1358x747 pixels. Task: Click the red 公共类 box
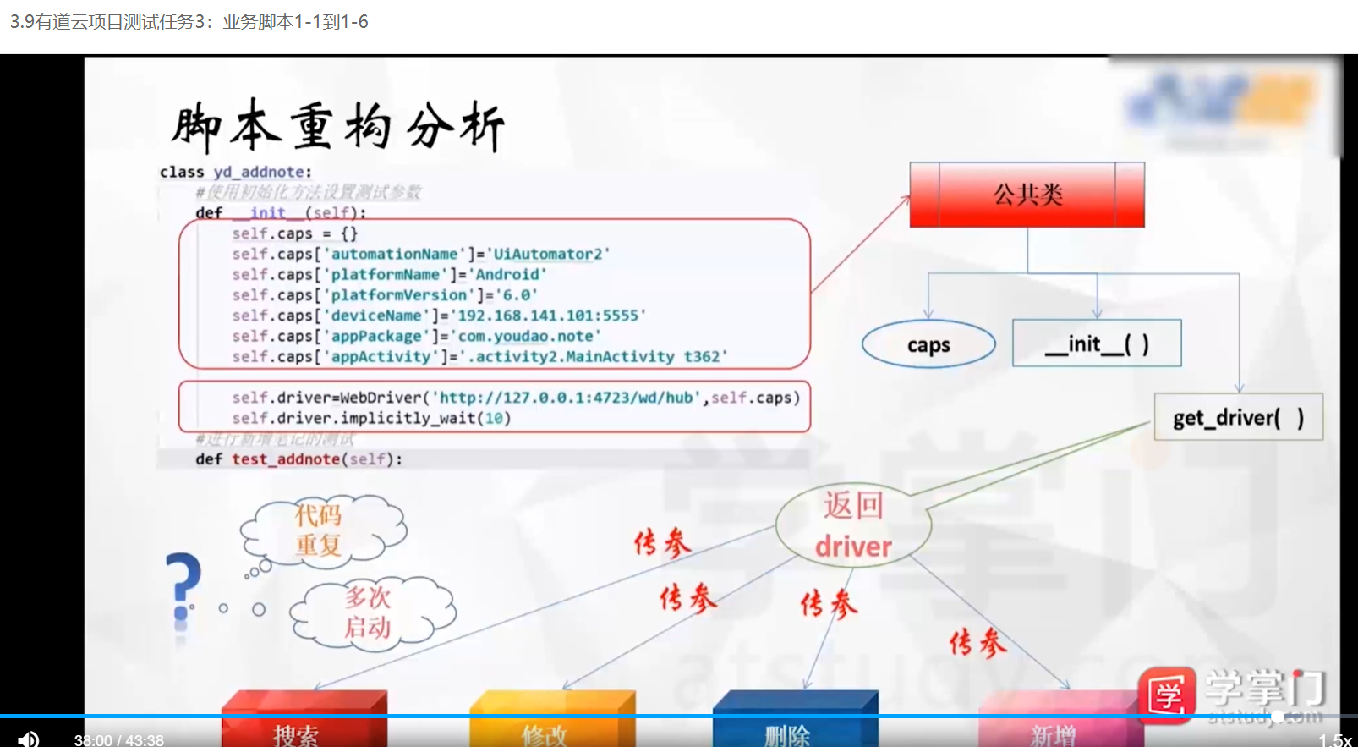(x=1027, y=195)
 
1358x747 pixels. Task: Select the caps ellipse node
(x=928, y=344)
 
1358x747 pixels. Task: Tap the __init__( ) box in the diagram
(x=1096, y=343)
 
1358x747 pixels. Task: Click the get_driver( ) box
(x=1238, y=417)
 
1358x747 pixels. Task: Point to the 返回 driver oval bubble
(x=853, y=526)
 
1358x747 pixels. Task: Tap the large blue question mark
(x=183, y=588)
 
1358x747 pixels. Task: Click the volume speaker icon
(x=28, y=739)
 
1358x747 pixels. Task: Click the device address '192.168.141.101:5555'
(x=548, y=316)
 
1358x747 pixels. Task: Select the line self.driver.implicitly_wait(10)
(x=371, y=418)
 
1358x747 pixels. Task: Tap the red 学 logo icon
(x=1166, y=695)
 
